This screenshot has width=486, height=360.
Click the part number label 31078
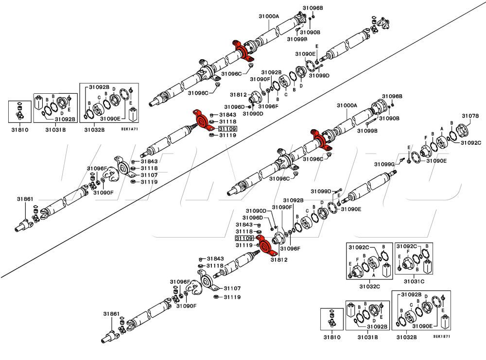470,116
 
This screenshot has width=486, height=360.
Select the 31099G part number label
384,164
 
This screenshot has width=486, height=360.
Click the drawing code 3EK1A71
129,129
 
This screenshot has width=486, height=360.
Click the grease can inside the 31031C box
427,267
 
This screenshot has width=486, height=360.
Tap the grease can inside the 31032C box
387,270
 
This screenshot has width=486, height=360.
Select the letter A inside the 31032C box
373,275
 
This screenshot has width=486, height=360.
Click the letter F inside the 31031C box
408,252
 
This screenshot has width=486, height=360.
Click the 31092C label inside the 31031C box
407,246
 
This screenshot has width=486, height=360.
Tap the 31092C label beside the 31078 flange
470,142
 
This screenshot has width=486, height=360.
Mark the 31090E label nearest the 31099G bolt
436,161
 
